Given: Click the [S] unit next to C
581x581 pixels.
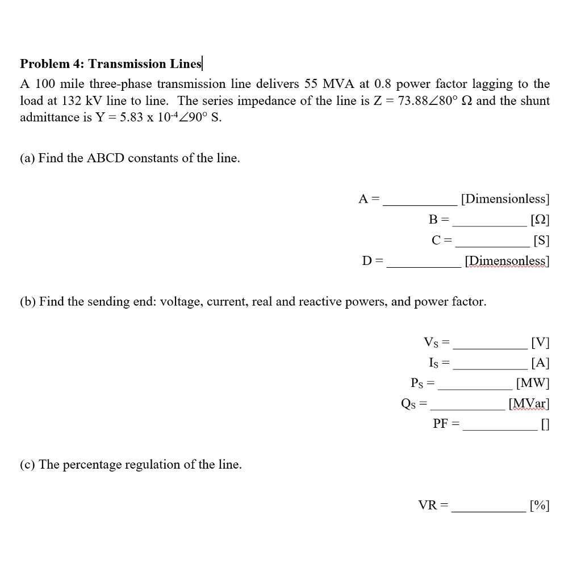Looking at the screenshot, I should tap(541, 241).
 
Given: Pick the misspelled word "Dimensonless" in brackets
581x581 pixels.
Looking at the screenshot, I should tap(507, 261).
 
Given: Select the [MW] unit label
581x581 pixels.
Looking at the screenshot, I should tap(532, 384).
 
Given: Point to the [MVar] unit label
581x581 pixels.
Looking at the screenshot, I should tap(529, 404).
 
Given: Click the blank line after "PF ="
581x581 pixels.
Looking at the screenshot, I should tap(499, 430).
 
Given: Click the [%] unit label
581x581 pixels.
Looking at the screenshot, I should tap(539, 506).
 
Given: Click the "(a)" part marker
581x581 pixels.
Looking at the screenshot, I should tap(27, 158).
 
